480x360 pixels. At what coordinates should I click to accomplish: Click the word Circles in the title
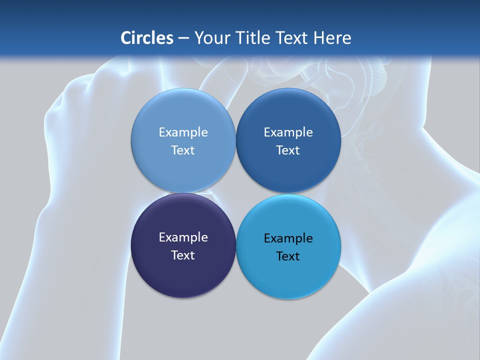tap(147, 38)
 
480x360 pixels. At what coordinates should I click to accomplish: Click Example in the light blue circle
tap(183, 132)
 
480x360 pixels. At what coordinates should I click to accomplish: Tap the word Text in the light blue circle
tap(183, 150)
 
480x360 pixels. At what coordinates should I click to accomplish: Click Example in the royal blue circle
tap(288, 132)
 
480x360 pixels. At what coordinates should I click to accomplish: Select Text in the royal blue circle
tap(288, 150)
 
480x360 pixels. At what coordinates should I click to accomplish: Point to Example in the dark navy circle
tap(183, 237)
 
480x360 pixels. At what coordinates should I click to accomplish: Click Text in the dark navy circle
tap(183, 255)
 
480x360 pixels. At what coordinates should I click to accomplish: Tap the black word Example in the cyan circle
tap(288, 238)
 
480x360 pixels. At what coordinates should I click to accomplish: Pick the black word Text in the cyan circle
tap(288, 256)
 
